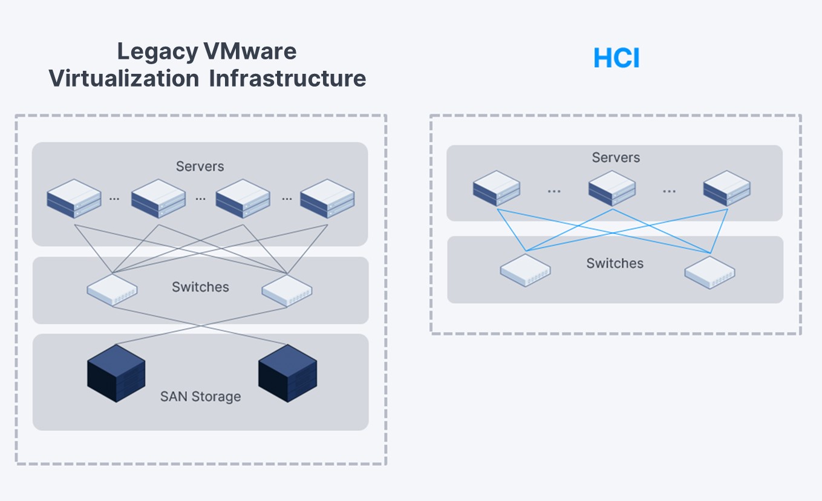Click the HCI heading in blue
[x=616, y=58]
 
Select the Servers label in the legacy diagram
[x=200, y=166]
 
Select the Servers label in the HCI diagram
[x=615, y=157]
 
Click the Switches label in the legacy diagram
[x=200, y=287]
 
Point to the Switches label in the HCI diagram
[x=615, y=263]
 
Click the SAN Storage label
[x=200, y=397]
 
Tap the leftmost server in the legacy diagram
[x=74, y=198]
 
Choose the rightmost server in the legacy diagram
[x=327, y=198]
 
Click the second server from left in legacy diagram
[x=158, y=198]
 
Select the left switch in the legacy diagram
[x=112, y=289]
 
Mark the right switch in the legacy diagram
[x=287, y=289]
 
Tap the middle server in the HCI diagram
[x=612, y=188]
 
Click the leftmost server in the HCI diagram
[x=497, y=188]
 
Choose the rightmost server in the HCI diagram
[x=726, y=188]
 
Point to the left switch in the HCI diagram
[x=525, y=270]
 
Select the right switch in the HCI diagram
[x=709, y=272]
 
